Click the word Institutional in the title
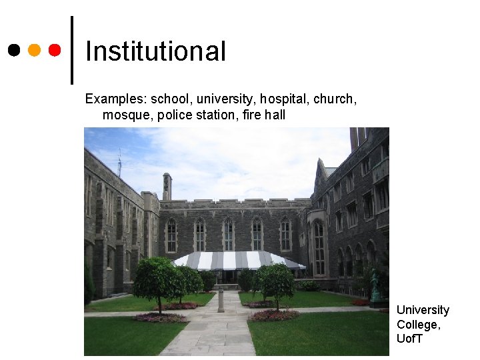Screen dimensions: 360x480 (x=156, y=51)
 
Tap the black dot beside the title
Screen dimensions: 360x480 (x=13, y=50)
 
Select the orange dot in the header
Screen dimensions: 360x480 (x=34, y=50)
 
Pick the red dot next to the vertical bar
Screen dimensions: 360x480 (x=55, y=50)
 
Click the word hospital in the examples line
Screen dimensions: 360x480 (x=284, y=99)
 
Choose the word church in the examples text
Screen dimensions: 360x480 (x=335, y=99)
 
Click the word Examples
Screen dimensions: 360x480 (x=115, y=99)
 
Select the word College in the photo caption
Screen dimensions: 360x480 (x=417, y=325)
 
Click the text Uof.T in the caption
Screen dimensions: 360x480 (x=409, y=339)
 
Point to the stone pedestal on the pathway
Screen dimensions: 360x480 (x=221, y=301)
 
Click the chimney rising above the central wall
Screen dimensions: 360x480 (x=167, y=186)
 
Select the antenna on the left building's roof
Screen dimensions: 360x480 (x=119, y=163)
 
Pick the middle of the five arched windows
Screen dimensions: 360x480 (x=229, y=235)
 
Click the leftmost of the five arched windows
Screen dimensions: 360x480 (x=171, y=236)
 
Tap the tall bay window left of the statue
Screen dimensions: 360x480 (x=319, y=247)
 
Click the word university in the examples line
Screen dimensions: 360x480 (x=223, y=99)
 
